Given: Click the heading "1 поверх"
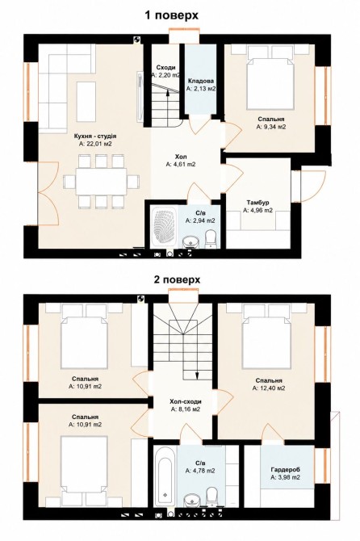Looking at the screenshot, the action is [171, 15].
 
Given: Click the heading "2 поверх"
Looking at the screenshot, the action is [177, 279].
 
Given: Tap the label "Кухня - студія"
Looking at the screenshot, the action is [95, 136].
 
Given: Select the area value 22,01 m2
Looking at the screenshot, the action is [95, 144].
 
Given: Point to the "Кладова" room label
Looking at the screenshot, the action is [201, 81].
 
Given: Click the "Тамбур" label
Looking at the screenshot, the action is [257, 202].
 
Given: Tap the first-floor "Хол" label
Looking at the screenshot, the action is [181, 157].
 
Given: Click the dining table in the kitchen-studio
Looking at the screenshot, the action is [101, 182].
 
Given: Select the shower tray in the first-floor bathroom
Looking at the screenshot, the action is [164, 227].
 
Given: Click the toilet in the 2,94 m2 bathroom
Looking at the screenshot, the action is [211, 238].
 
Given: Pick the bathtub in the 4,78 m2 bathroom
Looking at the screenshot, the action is [165, 476].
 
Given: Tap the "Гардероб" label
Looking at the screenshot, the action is [285, 470].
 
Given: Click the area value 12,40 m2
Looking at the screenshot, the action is [269, 388].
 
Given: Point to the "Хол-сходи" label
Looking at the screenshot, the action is [186, 401].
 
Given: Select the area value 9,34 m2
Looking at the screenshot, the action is [271, 127].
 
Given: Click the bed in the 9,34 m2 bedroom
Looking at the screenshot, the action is [270, 82].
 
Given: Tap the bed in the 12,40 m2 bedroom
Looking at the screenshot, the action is [266, 342].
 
